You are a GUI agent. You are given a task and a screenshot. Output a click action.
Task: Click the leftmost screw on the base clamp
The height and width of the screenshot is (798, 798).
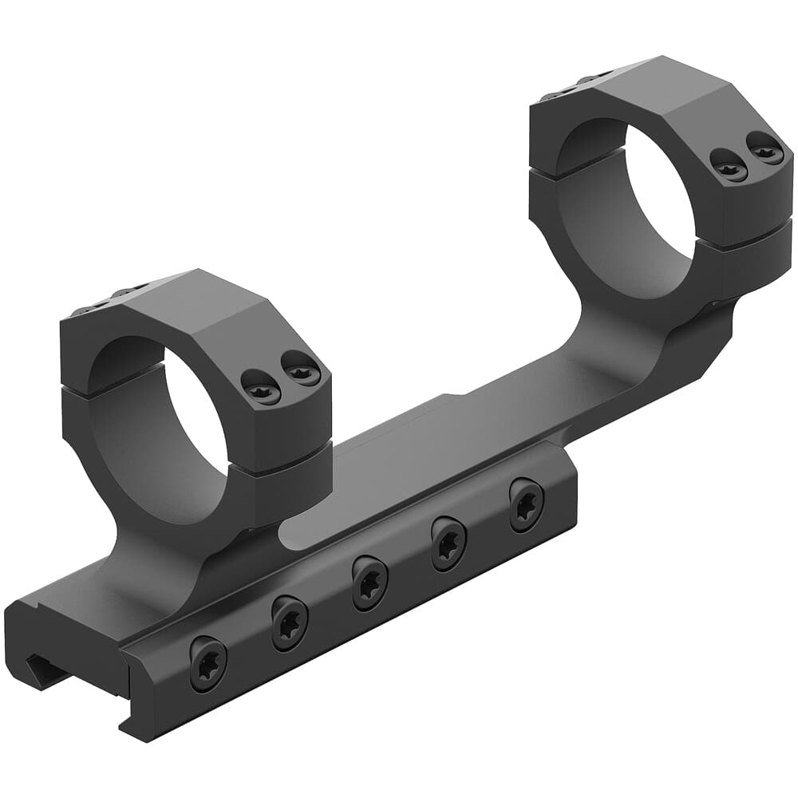(x=207, y=663)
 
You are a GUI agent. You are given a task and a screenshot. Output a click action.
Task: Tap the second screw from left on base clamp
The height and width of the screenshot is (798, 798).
(x=289, y=622)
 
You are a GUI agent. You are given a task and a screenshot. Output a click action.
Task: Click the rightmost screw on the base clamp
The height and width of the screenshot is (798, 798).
(x=526, y=504)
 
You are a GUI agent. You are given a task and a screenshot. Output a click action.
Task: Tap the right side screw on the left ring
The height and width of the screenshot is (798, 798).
(x=302, y=372)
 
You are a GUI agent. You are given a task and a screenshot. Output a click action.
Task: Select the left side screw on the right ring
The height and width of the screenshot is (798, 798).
(x=729, y=167)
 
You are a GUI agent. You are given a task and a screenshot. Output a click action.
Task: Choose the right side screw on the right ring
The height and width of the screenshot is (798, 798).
(x=764, y=149)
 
